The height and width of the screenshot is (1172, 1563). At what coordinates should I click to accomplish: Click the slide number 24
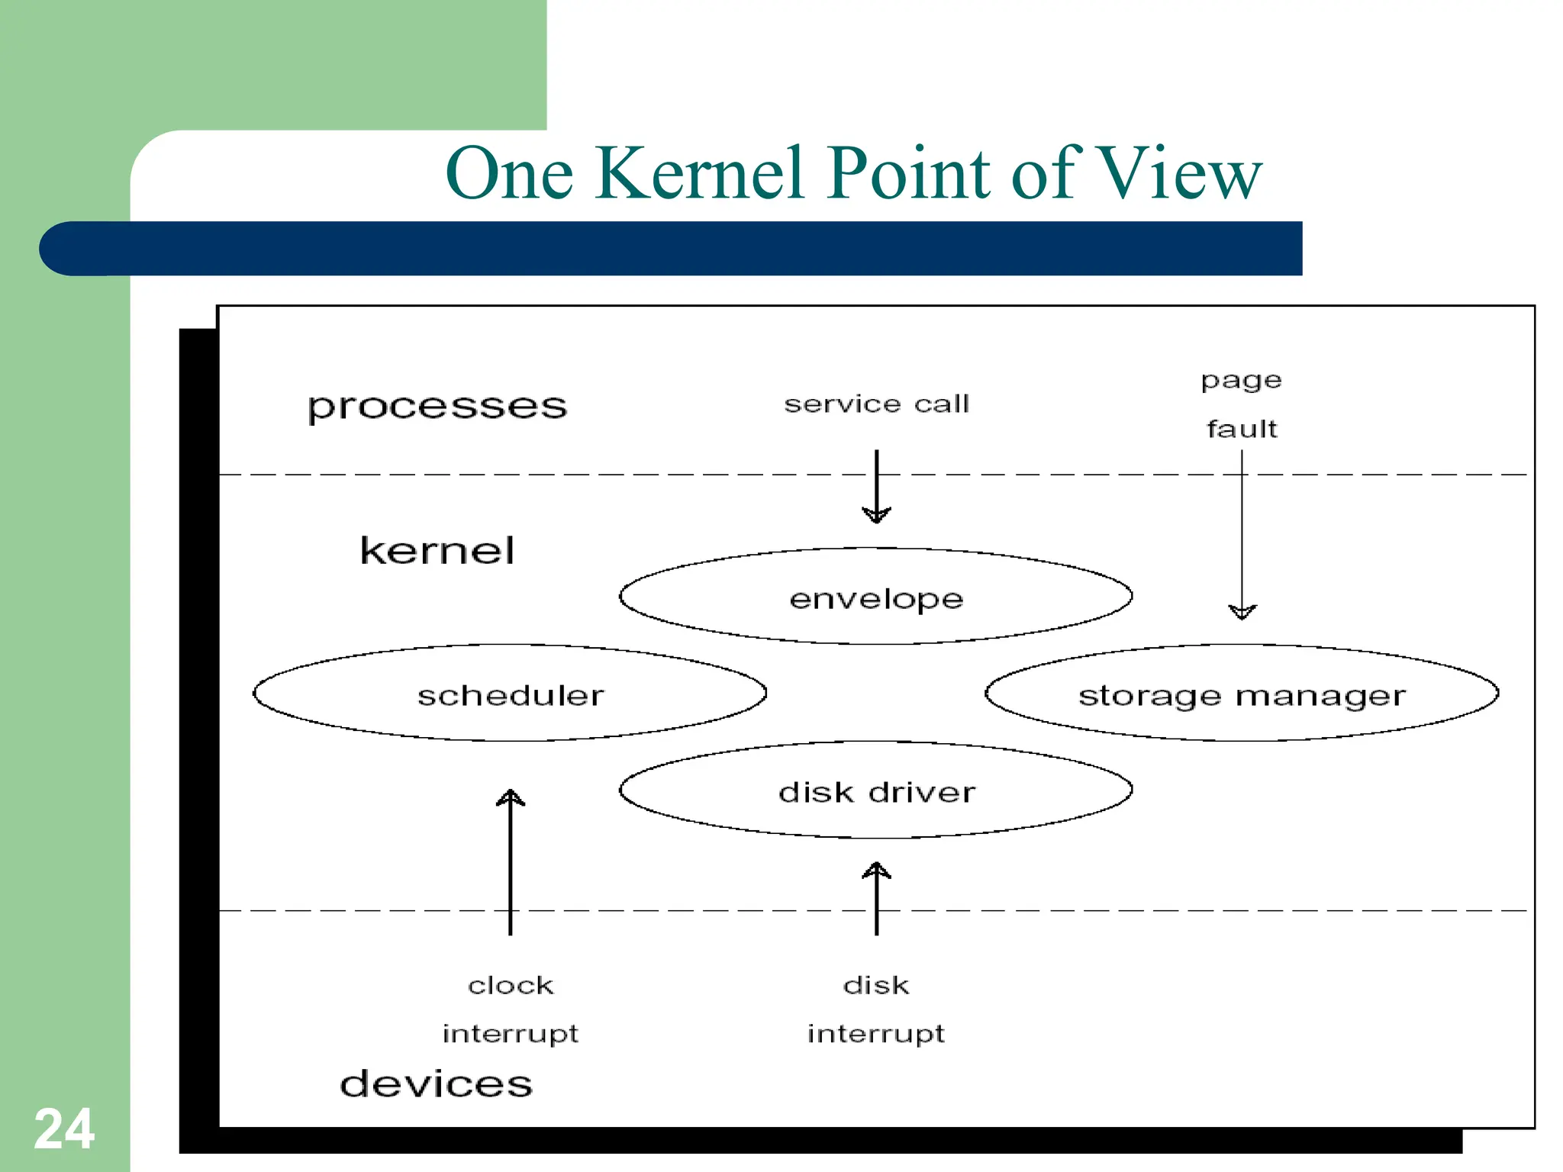click(64, 1129)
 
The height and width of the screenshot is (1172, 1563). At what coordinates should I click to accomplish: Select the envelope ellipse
click(875, 597)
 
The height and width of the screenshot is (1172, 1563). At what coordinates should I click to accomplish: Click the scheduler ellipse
click(510, 694)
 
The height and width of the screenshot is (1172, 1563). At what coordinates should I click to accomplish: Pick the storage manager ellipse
click(1242, 694)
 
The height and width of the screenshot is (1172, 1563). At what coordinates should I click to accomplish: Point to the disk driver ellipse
click(875, 791)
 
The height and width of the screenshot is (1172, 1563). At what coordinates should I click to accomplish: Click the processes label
click(437, 407)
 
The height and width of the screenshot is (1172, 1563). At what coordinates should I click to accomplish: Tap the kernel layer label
click(437, 550)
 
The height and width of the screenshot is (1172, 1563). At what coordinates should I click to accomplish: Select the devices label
click(436, 1083)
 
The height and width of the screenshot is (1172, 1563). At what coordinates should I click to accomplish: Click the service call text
click(876, 404)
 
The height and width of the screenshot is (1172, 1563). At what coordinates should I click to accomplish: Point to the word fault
click(1242, 429)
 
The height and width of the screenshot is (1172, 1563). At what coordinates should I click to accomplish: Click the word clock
click(510, 985)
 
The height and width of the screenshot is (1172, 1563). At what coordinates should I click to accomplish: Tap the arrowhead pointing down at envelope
click(876, 514)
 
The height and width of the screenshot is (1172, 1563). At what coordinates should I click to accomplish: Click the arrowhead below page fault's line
click(1242, 611)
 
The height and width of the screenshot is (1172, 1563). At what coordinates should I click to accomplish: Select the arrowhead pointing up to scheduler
click(510, 798)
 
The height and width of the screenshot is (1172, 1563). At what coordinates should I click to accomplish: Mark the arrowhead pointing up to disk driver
click(876, 871)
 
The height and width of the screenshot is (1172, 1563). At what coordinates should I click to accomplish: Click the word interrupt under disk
click(876, 1034)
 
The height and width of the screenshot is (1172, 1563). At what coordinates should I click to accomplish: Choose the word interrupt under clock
click(510, 1034)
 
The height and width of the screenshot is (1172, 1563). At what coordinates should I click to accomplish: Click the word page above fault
click(1241, 381)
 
